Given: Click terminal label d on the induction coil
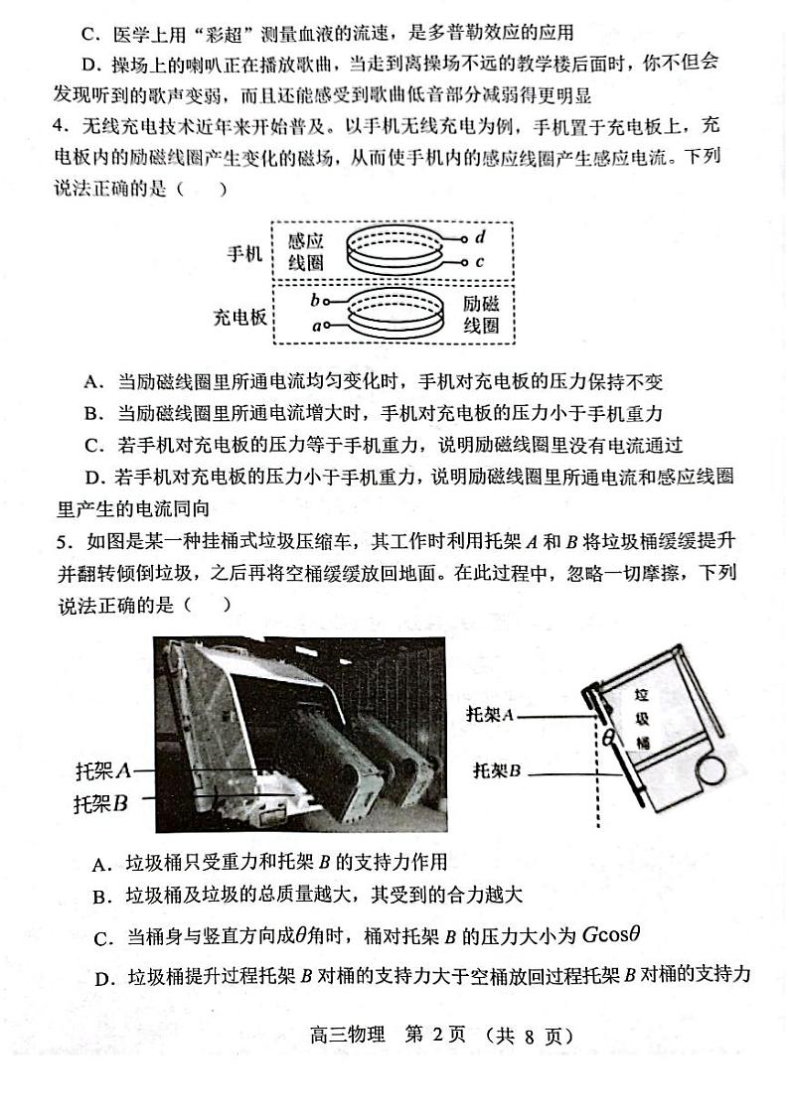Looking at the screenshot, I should (480, 237).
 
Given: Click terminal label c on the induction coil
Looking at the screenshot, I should (480, 262).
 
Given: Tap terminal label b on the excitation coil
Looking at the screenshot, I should (315, 299).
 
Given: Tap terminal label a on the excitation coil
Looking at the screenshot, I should (315, 325).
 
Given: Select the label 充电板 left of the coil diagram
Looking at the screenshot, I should (239, 317).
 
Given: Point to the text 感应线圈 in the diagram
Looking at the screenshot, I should (306, 251).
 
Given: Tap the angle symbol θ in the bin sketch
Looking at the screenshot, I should (610, 737).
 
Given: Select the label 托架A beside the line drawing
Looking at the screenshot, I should (494, 714).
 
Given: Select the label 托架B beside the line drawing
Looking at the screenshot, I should (498, 769).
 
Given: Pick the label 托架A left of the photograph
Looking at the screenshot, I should (104, 770).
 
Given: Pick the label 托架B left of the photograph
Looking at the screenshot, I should (101, 803).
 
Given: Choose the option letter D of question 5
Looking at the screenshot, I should (101, 979).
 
